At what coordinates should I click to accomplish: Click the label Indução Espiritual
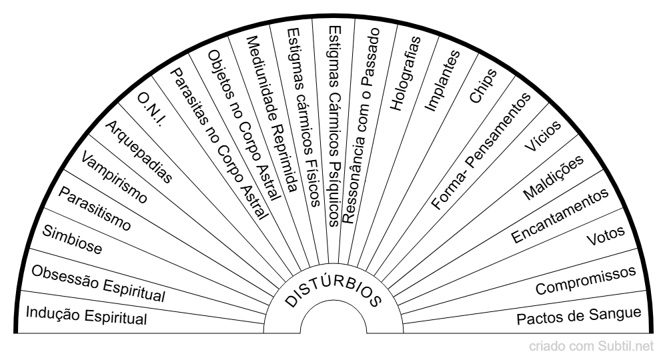[x=85, y=315]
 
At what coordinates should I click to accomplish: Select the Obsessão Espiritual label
[x=99, y=283]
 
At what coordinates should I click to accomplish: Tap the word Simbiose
[x=72, y=241]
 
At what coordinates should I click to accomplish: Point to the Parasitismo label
[x=95, y=208]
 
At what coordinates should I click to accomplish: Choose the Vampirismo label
[x=114, y=177]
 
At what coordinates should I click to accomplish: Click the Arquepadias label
[x=139, y=151]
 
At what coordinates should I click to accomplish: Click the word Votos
[x=604, y=237]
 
